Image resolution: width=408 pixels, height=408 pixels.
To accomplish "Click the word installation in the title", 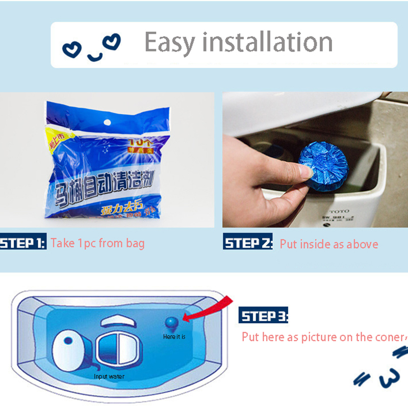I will [270, 43].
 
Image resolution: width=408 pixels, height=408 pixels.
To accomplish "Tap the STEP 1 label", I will [23, 242].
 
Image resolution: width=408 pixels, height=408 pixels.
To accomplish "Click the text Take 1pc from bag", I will [97, 243].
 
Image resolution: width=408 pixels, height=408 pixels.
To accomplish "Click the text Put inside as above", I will [329, 244].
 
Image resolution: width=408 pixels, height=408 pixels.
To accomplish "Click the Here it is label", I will [174, 337].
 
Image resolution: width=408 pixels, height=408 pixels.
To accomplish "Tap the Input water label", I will [109, 377].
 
